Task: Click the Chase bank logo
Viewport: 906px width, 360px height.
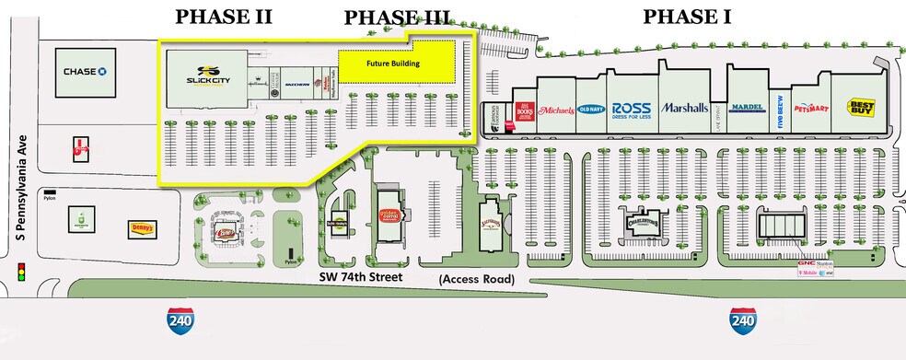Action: (x=87, y=71)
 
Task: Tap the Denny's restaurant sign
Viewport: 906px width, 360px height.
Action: (x=143, y=228)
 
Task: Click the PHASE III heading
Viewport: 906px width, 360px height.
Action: (x=398, y=17)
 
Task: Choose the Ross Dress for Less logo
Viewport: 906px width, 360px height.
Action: (x=631, y=107)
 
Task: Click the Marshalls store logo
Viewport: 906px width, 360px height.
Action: (x=684, y=107)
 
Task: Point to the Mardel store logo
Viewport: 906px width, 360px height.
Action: (x=747, y=107)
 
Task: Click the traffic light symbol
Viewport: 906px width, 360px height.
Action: (x=20, y=273)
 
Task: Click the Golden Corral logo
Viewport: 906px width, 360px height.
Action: (x=390, y=217)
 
